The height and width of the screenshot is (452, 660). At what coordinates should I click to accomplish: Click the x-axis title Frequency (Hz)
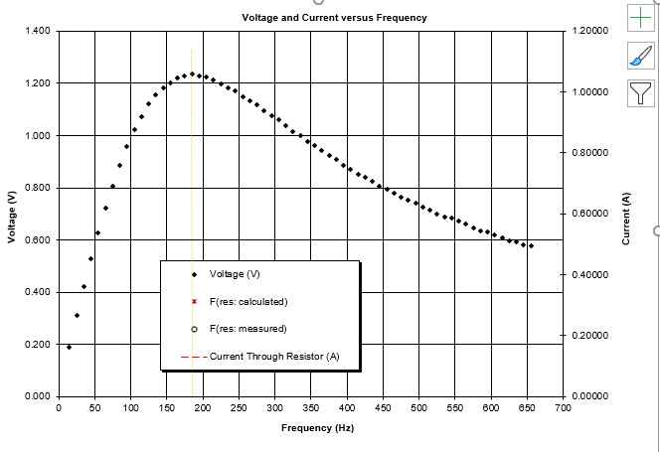click(x=318, y=428)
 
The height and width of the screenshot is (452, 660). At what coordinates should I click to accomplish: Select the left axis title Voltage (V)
click(x=12, y=218)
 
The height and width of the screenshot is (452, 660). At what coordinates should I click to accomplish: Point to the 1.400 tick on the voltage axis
click(x=39, y=32)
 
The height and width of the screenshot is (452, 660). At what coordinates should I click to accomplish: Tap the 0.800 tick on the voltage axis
click(x=39, y=188)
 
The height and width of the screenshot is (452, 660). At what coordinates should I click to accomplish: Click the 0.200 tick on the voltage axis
click(x=39, y=345)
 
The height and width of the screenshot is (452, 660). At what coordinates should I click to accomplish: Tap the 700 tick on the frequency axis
click(x=563, y=408)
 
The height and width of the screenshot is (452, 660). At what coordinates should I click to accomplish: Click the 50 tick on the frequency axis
click(x=94, y=408)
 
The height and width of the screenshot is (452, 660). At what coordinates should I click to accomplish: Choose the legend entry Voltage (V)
click(x=235, y=273)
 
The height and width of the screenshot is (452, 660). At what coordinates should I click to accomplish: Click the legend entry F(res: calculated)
click(x=247, y=301)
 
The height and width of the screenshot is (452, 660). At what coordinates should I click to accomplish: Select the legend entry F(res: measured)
click(x=247, y=329)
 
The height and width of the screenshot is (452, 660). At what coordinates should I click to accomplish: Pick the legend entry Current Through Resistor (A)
click(x=274, y=356)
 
